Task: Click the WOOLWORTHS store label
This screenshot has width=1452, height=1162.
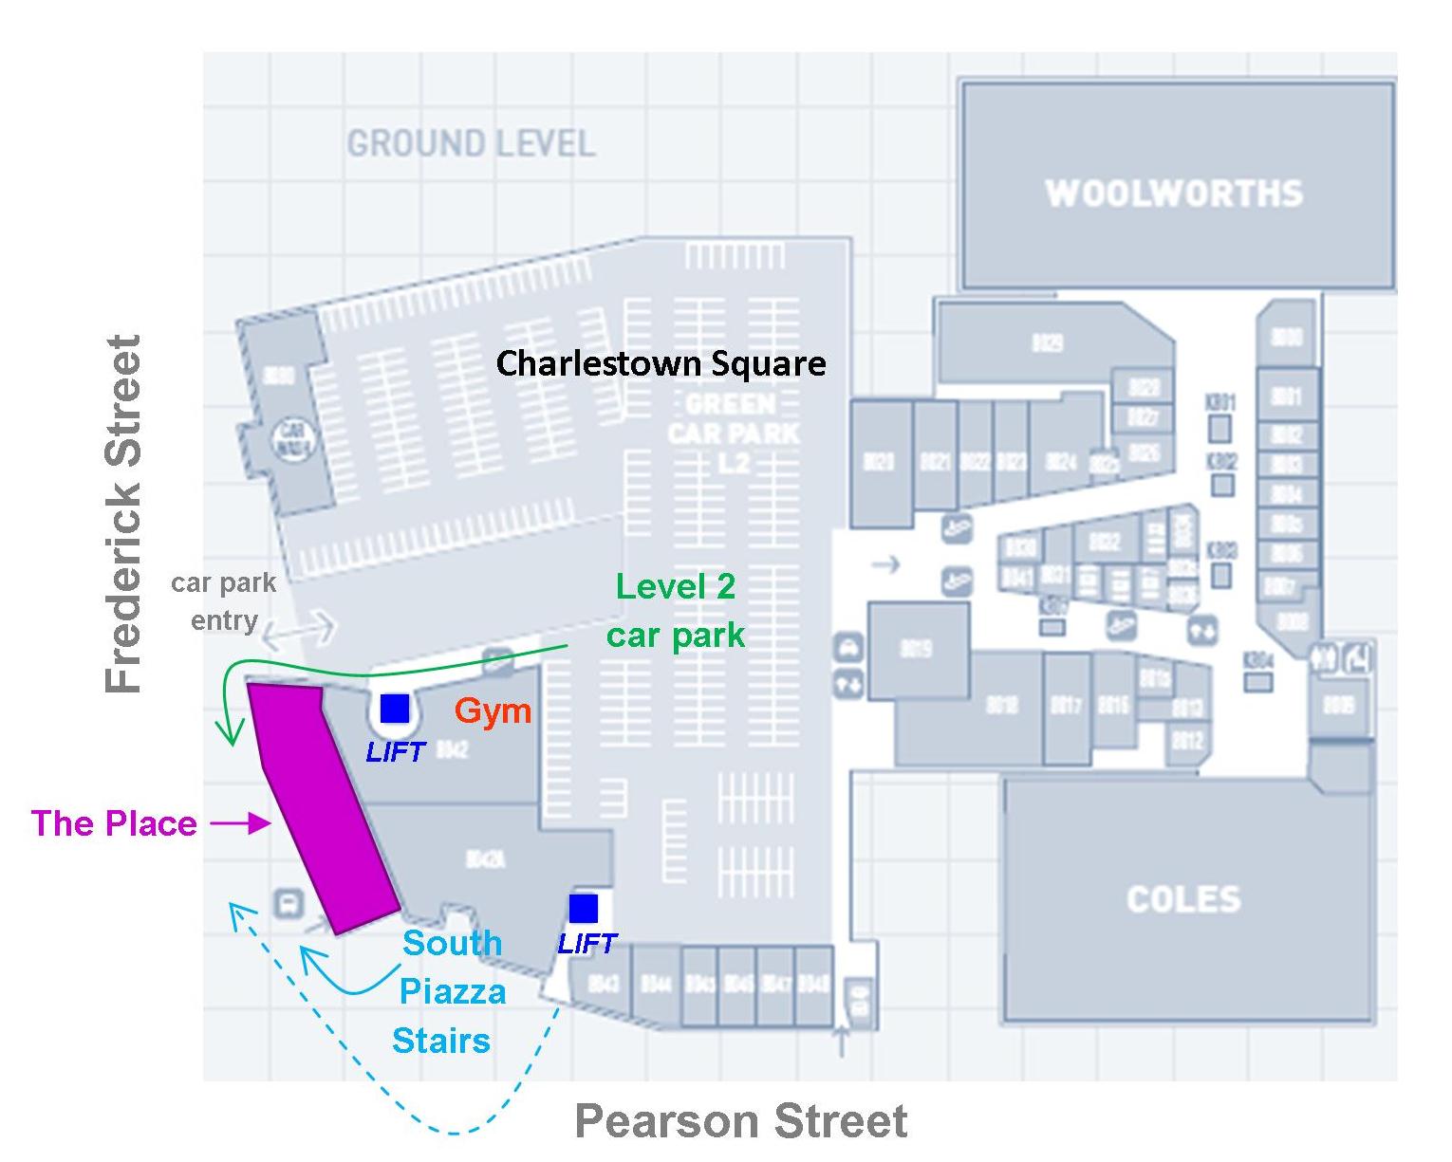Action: point(1174,194)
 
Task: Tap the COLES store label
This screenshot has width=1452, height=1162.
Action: point(1183,899)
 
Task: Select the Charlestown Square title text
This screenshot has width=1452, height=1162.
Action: point(661,363)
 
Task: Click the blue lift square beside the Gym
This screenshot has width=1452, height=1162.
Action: point(395,709)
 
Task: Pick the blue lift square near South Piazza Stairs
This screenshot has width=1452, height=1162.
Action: point(584,908)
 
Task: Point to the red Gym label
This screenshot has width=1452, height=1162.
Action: point(493,710)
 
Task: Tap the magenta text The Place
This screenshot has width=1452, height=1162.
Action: point(114,823)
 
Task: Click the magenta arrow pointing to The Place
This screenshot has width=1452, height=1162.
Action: point(241,823)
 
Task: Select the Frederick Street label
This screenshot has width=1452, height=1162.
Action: point(123,513)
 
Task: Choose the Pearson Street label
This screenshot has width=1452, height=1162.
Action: point(741,1121)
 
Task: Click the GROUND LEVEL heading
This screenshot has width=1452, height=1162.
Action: point(471,144)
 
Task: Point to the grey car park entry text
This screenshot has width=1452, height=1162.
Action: point(224,601)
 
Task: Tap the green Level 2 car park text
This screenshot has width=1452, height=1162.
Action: point(676,611)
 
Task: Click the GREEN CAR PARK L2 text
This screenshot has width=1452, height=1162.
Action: point(733,433)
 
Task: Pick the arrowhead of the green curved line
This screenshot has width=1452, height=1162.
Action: point(227,734)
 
